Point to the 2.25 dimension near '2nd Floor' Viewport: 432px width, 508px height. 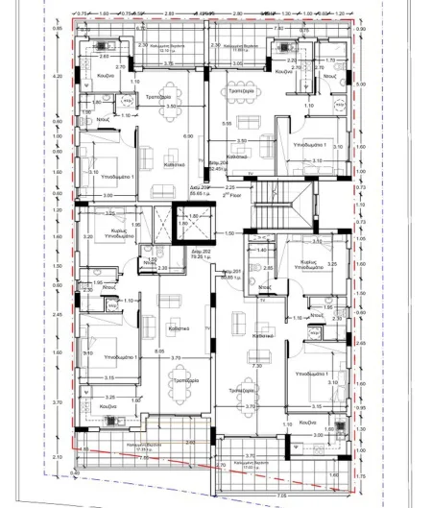tap(230, 186)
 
